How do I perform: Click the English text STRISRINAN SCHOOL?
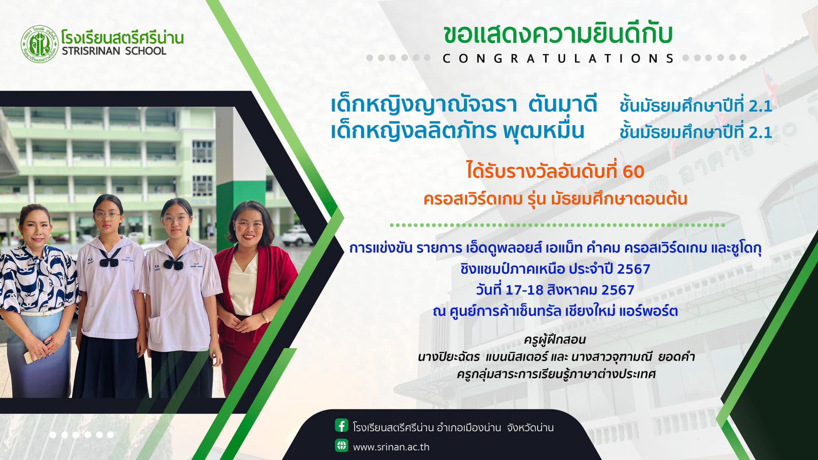(114, 51)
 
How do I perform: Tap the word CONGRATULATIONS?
(558, 59)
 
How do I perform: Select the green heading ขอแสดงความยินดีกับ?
(558, 34)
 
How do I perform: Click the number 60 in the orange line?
(633, 172)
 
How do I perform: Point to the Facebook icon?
(341, 425)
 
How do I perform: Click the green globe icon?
(341, 445)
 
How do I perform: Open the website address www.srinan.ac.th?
(391, 447)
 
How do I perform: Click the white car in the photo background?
(298, 236)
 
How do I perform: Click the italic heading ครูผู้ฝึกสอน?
(555, 340)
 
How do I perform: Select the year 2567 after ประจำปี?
(633, 269)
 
